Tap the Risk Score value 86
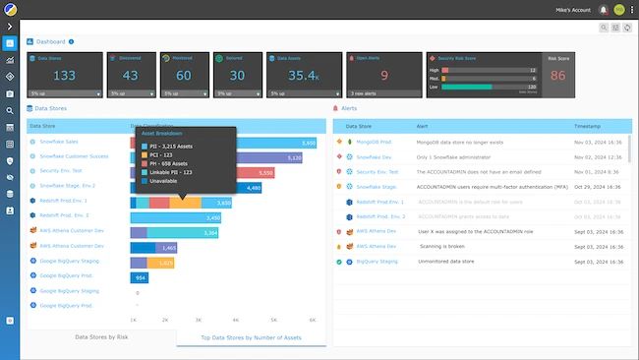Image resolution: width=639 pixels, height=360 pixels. pos(557,75)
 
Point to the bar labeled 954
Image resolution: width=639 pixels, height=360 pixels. pos(139,278)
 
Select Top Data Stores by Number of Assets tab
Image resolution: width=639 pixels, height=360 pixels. pos(251,337)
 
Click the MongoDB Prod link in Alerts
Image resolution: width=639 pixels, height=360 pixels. pos(374,143)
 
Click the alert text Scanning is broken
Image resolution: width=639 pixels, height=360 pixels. pos(451,247)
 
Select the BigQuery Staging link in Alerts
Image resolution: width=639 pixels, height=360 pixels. pos(377,262)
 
